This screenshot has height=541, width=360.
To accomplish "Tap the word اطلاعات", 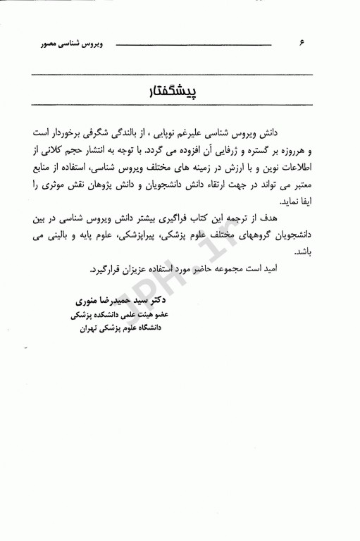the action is [309, 169].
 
